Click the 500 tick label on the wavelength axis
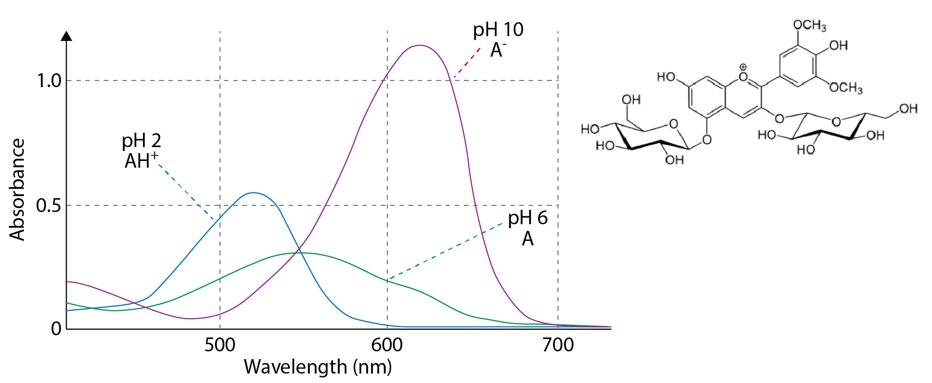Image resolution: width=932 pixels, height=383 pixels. (x=220, y=345)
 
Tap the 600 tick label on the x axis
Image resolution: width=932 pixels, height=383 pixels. (x=387, y=345)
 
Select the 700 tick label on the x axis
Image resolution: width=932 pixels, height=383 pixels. (x=558, y=345)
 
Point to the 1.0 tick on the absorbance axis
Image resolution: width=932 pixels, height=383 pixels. (x=49, y=81)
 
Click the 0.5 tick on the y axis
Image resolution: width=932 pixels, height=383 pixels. (x=49, y=206)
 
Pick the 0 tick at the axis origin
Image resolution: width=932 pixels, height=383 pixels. (x=56, y=329)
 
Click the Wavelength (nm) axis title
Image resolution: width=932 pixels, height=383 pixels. (x=318, y=367)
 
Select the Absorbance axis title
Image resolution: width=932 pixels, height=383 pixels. (x=17, y=189)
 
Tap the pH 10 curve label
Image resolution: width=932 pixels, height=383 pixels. (x=498, y=29)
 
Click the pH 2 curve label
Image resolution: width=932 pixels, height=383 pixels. (x=141, y=141)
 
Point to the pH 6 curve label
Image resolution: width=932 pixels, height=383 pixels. (x=528, y=218)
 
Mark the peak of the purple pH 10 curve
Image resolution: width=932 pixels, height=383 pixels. (x=420, y=46)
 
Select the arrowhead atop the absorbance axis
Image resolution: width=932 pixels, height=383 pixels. (x=66, y=36)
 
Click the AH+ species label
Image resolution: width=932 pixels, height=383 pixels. (x=141, y=160)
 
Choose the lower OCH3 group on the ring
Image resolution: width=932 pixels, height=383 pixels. (x=846, y=88)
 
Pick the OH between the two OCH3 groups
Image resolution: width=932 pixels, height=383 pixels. (x=838, y=46)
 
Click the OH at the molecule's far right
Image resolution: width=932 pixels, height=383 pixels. (x=908, y=108)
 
